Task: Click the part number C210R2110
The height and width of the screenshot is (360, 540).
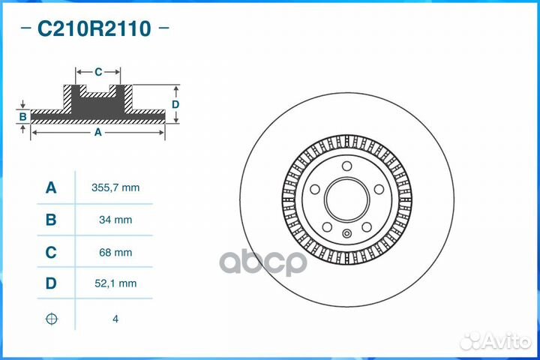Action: (94, 29)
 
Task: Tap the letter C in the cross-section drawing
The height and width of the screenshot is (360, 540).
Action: (98, 72)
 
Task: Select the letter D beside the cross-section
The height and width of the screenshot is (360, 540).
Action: (175, 104)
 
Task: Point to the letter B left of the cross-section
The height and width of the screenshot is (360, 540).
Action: (23, 116)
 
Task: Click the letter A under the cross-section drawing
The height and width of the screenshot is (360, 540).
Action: (97, 132)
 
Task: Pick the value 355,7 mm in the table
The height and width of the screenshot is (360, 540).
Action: (115, 187)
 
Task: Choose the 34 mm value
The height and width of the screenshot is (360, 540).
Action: (115, 220)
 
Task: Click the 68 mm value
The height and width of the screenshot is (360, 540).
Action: (115, 253)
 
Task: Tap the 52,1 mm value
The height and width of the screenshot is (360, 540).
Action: (115, 283)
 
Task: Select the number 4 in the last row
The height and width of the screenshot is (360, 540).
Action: (115, 319)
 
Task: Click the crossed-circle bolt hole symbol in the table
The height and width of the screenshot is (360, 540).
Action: (51, 319)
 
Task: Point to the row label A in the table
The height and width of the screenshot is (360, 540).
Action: (51, 187)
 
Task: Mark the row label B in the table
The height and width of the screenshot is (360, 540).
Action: (51, 220)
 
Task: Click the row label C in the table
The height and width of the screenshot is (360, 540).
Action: (51, 253)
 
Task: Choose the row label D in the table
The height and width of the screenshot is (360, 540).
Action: (51, 283)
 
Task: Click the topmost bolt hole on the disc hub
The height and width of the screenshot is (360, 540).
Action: (347, 166)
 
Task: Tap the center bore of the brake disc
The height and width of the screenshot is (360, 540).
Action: (349, 200)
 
